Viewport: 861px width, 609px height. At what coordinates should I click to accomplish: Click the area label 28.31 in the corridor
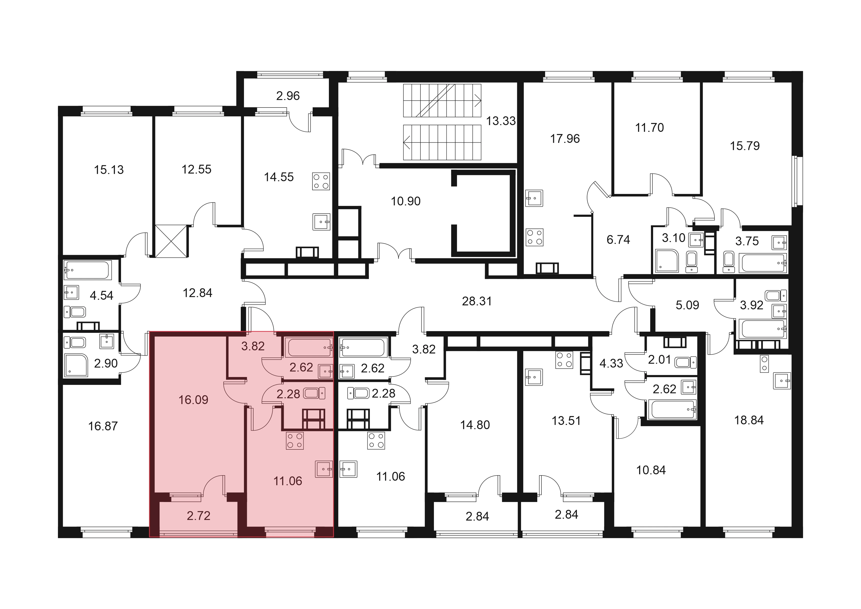click(x=477, y=301)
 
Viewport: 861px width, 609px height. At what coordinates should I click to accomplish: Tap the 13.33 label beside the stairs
click(x=501, y=121)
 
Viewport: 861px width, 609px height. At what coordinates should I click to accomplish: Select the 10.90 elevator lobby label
click(x=406, y=201)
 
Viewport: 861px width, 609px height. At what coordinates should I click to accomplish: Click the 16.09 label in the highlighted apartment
click(x=193, y=400)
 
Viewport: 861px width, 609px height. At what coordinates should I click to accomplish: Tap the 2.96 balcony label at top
click(x=288, y=96)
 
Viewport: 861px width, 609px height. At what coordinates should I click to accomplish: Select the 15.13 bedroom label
click(x=109, y=170)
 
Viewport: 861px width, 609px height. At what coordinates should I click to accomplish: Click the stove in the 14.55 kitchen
click(x=321, y=181)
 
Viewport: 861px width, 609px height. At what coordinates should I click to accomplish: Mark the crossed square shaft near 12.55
click(x=171, y=241)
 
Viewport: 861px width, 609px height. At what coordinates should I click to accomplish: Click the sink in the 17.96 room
click(x=534, y=198)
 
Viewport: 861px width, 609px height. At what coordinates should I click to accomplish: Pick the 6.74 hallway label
click(x=618, y=240)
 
